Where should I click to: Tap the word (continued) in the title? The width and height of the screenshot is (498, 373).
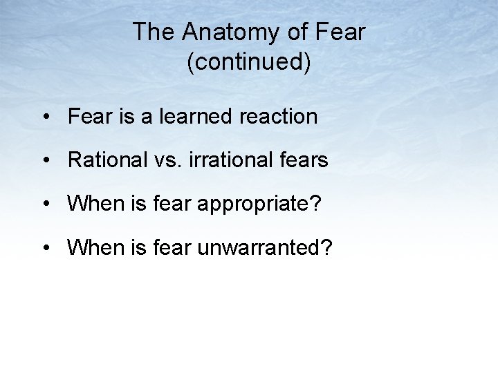[249, 62]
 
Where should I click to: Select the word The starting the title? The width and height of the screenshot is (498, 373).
[152, 32]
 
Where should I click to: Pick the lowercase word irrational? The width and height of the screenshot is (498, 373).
[230, 160]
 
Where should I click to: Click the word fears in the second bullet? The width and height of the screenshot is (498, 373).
[304, 160]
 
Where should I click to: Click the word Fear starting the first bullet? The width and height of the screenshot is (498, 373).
[89, 116]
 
